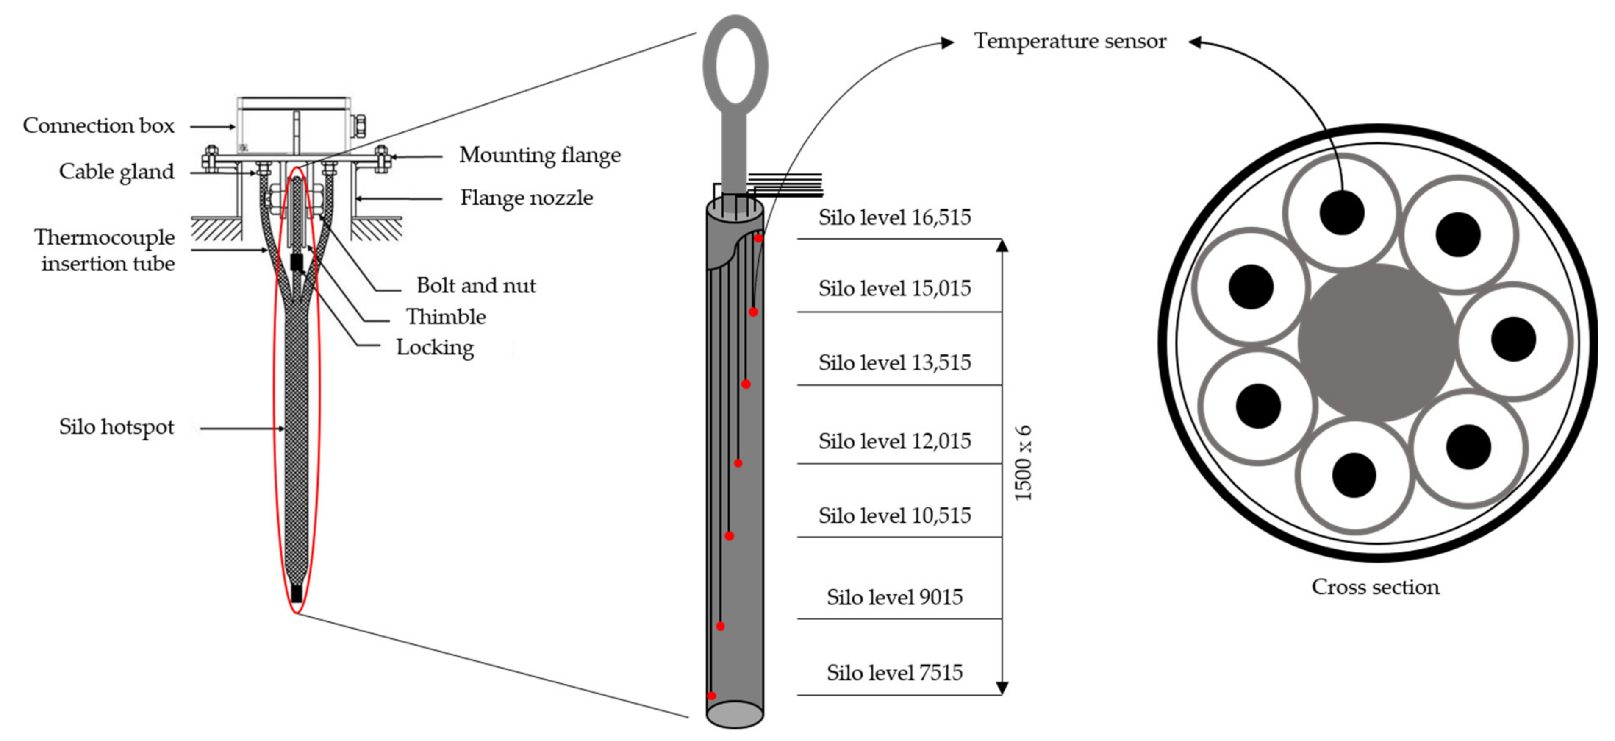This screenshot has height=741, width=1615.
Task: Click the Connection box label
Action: click(98, 125)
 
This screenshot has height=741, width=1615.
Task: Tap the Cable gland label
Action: click(117, 171)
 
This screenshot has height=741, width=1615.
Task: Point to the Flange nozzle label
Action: click(527, 198)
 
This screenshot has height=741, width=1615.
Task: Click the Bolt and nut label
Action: click(476, 285)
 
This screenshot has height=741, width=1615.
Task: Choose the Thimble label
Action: click(446, 317)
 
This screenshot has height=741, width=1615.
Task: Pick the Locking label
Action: click(435, 347)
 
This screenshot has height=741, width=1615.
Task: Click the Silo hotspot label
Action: click(117, 426)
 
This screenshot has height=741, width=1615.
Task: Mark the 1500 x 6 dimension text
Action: click(1023, 463)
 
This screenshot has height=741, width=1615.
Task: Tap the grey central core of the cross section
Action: click(1376, 342)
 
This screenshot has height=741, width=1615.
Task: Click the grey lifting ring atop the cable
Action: click(735, 60)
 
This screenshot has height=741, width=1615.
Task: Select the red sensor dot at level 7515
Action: click(712, 695)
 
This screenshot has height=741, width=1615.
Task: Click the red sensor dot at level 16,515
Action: click(759, 238)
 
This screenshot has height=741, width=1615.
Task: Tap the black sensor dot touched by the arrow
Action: click(1342, 212)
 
